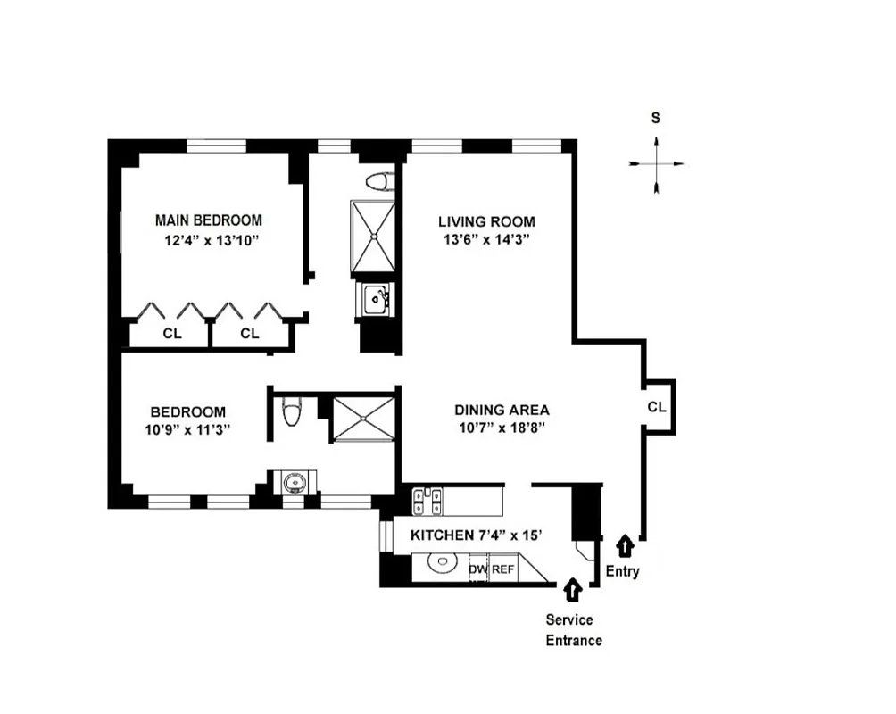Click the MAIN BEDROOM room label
coord(209,220)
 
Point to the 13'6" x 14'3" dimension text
coord(486,239)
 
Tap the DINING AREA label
coord(502,410)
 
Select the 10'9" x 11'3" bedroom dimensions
coord(187,428)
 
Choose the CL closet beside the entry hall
coord(657,407)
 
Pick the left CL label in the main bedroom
coord(171,334)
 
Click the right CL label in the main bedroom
coord(250,334)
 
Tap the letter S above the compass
coord(656,118)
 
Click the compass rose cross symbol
coord(657,164)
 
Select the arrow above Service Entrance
coord(572,590)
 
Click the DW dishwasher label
coord(477,569)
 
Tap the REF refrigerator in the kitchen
coord(502,569)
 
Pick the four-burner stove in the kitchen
coord(427,501)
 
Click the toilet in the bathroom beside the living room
coord(379,182)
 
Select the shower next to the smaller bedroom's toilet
coord(363,419)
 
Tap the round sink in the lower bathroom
coord(292,484)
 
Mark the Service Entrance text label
coord(574,630)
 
